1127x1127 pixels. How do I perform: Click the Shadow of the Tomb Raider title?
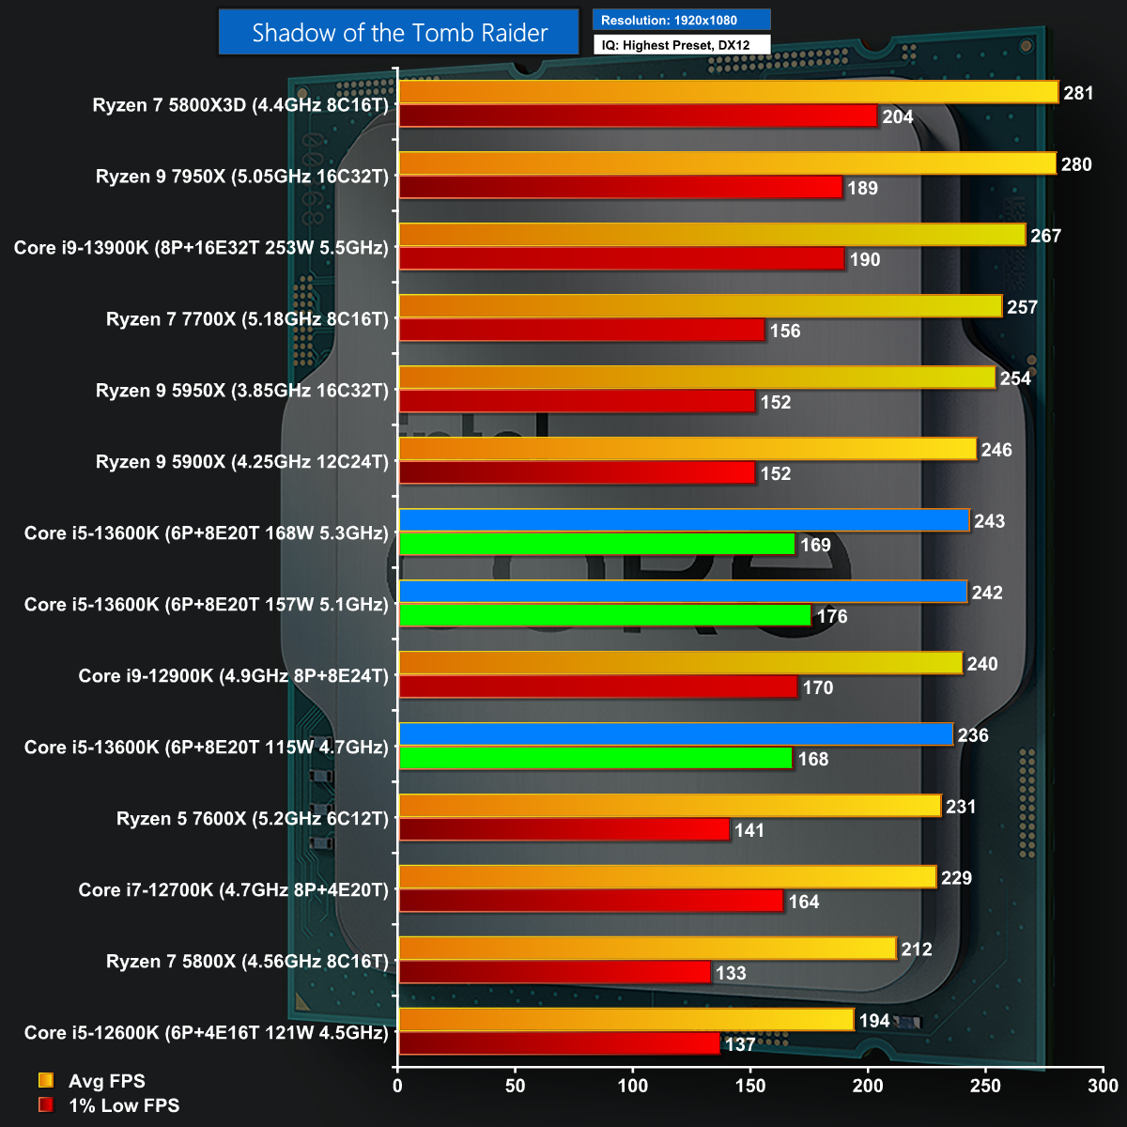pyautogui.click(x=399, y=33)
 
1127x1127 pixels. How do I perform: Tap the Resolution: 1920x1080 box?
pyautogui.click(x=681, y=20)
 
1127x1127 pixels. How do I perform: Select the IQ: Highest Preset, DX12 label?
pyautogui.click(x=681, y=44)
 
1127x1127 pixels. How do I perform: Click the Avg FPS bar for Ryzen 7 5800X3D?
pyautogui.click(x=728, y=92)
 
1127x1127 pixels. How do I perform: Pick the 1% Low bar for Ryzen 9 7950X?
pyautogui.click(x=620, y=187)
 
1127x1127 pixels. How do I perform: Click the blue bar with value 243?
pyautogui.click(x=684, y=520)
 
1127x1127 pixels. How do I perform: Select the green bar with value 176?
pyautogui.click(x=605, y=615)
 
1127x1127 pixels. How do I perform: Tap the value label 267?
pyautogui.click(x=1045, y=236)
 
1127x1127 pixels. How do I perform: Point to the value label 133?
pyautogui.click(x=731, y=973)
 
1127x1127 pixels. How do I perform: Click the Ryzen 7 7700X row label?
pyautogui.click(x=247, y=319)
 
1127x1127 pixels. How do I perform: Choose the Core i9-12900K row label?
pyautogui.click(x=233, y=676)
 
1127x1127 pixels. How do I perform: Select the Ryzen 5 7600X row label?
pyautogui.click(x=252, y=819)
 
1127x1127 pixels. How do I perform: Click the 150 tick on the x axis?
pyautogui.click(x=751, y=1087)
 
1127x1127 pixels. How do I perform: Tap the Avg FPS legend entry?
pyautogui.click(x=106, y=1081)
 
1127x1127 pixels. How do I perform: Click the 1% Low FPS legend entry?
pyautogui.click(x=123, y=1105)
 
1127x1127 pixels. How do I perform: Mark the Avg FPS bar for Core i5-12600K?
pyautogui.click(x=625, y=1019)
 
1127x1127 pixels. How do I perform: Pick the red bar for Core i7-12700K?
pyautogui.click(x=591, y=901)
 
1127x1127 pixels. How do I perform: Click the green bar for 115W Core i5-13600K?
pyautogui.click(x=595, y=758)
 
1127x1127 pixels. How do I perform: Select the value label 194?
pyautogui.click(x=874, y=1021)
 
